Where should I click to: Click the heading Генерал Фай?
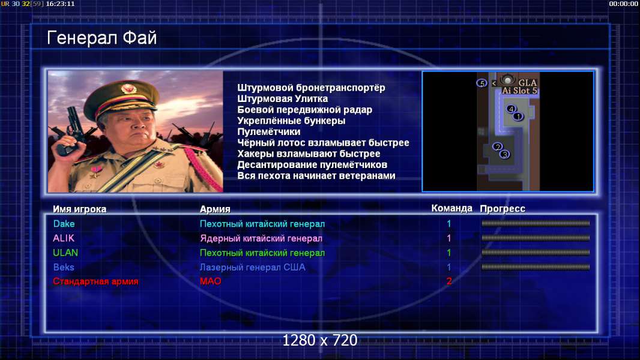click(101, 38)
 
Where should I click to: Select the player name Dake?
click(64, 224)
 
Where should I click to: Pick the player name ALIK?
click(63, 238)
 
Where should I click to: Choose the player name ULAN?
click(65, 253)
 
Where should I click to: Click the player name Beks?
click(64, 268)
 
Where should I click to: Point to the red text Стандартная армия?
click(95, 281)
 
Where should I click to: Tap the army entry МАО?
click(211, 281)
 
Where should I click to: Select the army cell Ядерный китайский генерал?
click(261, 239)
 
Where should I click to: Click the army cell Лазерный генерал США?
click(252, 268)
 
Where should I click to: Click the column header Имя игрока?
click(80, 209)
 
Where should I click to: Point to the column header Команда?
click(452, 208)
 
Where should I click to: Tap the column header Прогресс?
click(503, 209)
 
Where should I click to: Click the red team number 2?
click(449, 281)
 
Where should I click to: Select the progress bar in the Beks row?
click(536, 267)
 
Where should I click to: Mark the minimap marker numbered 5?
click(482, 83)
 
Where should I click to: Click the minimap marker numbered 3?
click(505, 155)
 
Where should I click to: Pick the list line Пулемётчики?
click(268, 131)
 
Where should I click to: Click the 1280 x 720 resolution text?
click(320, 340)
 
